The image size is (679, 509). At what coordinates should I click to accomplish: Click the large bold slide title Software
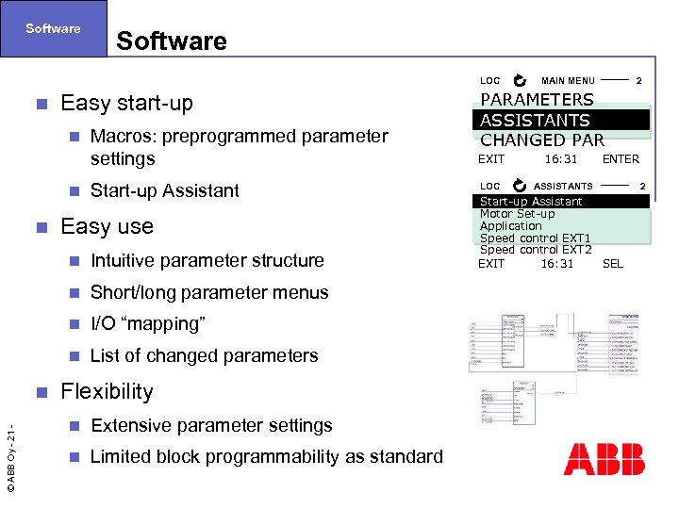[x=171, y=41]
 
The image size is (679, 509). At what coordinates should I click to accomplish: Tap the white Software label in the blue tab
[x=53, y=28]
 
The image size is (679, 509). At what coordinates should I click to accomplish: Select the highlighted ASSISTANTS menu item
[x=535, y=120]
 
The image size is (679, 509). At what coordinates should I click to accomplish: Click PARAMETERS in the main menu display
[x=537, y=100]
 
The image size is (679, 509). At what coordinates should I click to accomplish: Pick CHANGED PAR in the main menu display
[x=541, y=140]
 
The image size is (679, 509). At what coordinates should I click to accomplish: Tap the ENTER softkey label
[x=621, y=159]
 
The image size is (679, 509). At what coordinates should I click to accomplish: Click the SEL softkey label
[x=612, y=264]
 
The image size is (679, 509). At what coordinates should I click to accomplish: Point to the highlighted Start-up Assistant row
[x=531, y=201]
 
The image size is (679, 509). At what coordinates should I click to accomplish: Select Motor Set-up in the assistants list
[x=517, y=214]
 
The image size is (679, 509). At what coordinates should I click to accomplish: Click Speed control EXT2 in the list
[x=535, y=250]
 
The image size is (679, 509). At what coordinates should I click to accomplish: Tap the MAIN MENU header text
[x=568, y=81]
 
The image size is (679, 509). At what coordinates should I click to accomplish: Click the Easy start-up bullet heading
[x=126, y=103]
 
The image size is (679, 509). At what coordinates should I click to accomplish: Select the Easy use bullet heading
[x=107, y=226]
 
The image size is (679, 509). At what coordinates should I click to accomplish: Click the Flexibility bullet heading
[x=107, y=391]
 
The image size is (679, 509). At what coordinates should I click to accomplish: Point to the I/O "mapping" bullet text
[x=147, y=324]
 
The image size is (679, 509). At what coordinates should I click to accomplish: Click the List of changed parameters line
[x=204, y=356]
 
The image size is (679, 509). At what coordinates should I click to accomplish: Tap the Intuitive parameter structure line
[x=207, y=260]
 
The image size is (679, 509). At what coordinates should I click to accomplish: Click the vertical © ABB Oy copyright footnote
[x=11, y=453]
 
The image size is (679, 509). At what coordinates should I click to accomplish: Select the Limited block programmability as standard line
[x=266, y=457]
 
